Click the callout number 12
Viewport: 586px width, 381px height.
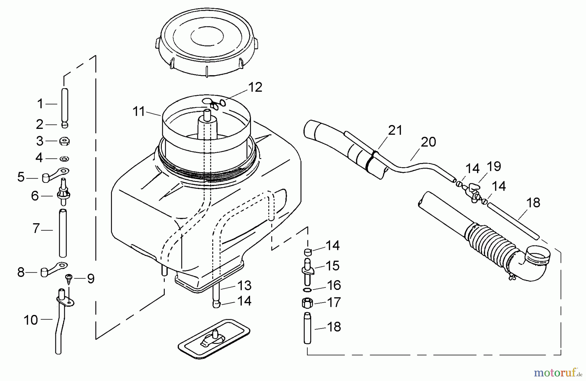[255, 88]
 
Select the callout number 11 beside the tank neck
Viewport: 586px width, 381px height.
[139, 112]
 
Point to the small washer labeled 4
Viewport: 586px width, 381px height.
[64, 159]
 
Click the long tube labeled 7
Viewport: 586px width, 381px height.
[63, 233]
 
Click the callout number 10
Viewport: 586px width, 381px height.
[31, 320]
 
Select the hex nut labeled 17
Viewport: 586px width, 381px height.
[307, 303]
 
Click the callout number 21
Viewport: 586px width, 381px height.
[395, 130]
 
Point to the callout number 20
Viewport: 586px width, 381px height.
[428, 142]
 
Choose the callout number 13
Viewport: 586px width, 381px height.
[244, 286]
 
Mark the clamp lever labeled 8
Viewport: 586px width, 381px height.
[53, 269]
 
